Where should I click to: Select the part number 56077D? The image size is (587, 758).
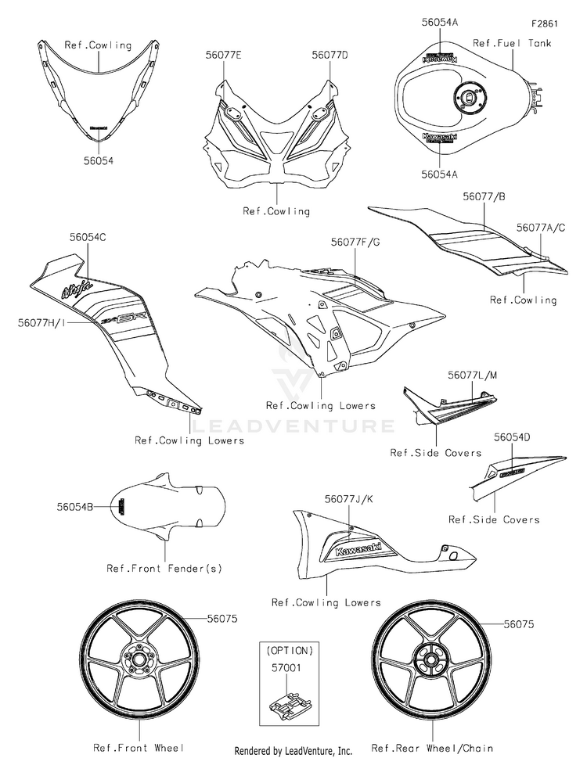point(330,55)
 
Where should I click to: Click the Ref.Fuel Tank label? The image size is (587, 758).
point(512,43)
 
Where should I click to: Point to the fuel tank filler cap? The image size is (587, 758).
point(466,98)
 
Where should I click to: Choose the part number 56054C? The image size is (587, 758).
point(80,235)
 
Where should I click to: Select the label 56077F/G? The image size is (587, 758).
point(355,243)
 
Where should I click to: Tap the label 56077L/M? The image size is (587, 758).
point(472,376)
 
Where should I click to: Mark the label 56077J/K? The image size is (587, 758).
point(349,498)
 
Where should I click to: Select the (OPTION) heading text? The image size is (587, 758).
point(290,650)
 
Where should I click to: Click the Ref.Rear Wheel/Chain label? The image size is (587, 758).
point(432,748)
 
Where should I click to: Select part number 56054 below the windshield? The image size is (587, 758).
point(98,160)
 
